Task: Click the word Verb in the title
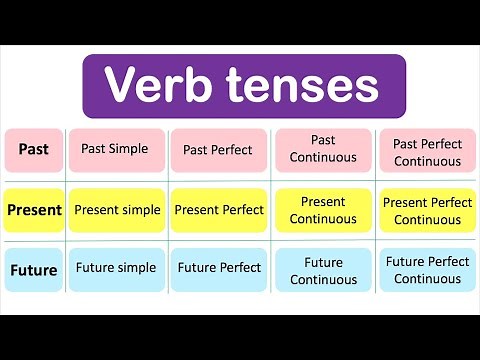point(157,85)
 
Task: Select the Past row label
point(34,150)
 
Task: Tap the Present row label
point(34,211)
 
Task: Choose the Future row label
point(34,269)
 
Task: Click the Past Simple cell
point(115,150)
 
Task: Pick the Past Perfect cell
point(218,150)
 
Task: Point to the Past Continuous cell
point(322,149)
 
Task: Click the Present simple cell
point(115,211)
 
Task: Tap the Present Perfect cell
point(218,211)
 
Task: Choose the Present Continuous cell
point(322,210)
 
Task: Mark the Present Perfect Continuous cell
point(427,211)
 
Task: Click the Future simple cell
point(115,268)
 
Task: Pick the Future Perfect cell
point(218,268)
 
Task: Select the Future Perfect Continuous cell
point(427,270)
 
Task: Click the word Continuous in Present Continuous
point(322,220)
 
